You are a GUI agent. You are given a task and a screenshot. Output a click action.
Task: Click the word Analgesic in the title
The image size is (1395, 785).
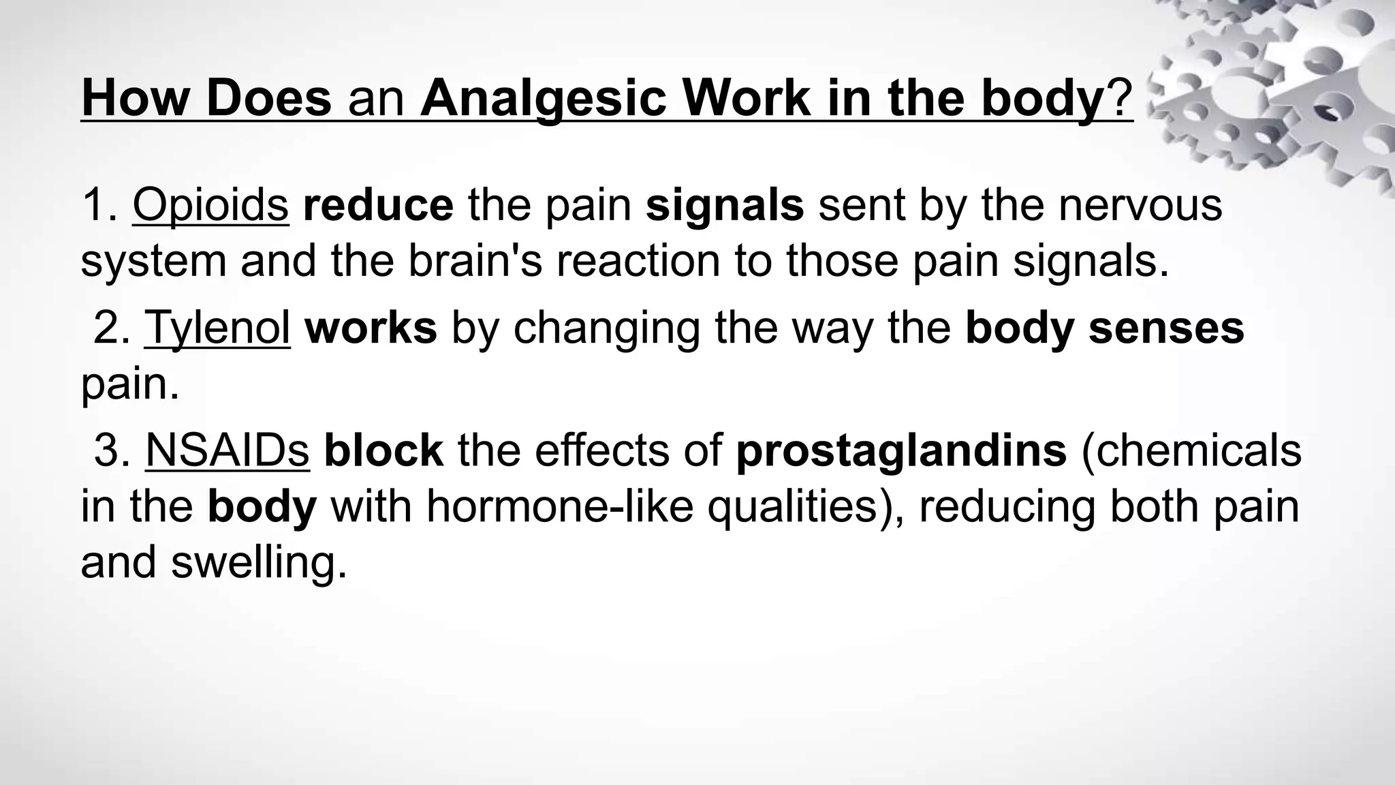pyautogui.click(x=542, y=99)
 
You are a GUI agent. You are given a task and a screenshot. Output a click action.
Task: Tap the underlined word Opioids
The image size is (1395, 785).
pyautogui.click(x=210, y=205)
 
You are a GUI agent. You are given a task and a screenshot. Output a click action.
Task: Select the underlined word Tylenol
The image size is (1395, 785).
pyautogui.click(x=217, y=328)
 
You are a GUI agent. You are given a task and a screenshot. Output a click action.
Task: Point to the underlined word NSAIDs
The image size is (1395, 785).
pyautogui.click(x=228, y=450)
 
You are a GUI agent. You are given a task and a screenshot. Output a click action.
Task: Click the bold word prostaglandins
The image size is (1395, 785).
pyautogui.click(x=901, y=452)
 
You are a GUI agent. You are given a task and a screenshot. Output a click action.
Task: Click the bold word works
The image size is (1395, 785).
pyautogui.click(x=371, y=328)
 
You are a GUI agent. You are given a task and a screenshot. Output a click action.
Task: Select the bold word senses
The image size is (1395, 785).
pyautogui.click(x=1166, y=328)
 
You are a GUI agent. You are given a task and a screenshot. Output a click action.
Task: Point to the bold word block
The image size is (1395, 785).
pyautogui.click(x=383, y=450)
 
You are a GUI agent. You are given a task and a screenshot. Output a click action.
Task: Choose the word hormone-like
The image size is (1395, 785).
pyautogui.click(x=559, y=506)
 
